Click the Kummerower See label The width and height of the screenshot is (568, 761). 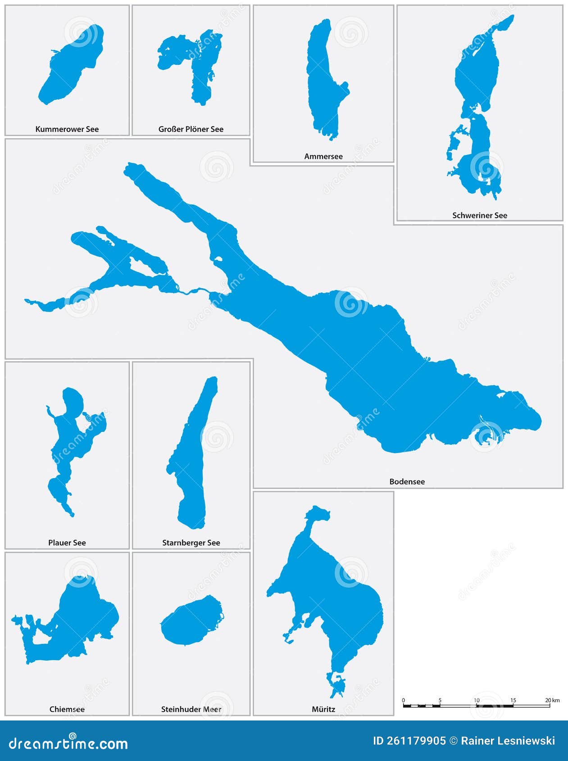(67, 129)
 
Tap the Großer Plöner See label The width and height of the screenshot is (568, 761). (191, 129)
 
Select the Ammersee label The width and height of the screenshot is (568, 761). (323, 157)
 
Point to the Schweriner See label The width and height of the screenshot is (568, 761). (480, 216)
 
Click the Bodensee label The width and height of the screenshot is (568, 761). (407, 482)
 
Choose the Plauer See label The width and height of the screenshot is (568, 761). (67, 543)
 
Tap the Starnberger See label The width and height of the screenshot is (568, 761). (191, 543)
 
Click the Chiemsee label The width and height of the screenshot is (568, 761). (67, 710)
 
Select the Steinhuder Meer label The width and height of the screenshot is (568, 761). (191, 710)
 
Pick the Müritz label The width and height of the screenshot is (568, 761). (323, 710)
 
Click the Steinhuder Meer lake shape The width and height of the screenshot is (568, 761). (190, 621)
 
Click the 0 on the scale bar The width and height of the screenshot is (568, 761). (403, 700)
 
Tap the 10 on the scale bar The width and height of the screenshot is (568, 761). (477, 700)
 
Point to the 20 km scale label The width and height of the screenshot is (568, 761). (552, 700)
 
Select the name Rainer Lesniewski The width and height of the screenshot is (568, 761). (508, 741)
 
